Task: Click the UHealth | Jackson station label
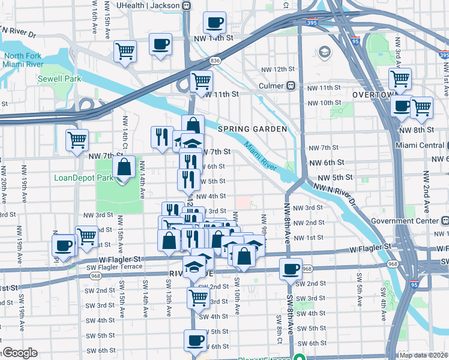coord(148,5)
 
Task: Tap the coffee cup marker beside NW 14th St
coord(214,23)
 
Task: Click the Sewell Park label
coord(59,79)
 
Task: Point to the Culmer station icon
coord(290,86)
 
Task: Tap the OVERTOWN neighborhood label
coord(372,95)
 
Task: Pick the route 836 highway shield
coord(214,61)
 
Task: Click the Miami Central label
coord(420,146)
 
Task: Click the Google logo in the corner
coord(19,353)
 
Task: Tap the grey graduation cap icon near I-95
coord(325,52)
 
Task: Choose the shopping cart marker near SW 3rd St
coord(198,296)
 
